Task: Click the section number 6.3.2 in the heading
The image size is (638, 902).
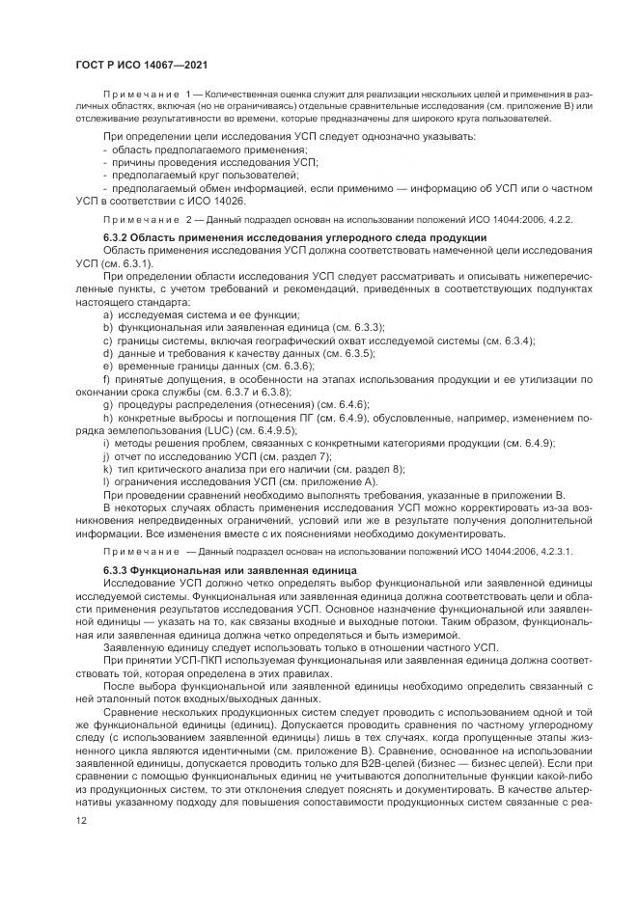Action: (x=116, y=236)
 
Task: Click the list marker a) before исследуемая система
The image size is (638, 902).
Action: (x=107, y=314)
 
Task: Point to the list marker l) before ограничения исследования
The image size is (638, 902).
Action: (x=105, y=479)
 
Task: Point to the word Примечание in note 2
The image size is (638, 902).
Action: (x=134, y=220)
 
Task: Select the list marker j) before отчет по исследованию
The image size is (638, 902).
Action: (x=105, y=454)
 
